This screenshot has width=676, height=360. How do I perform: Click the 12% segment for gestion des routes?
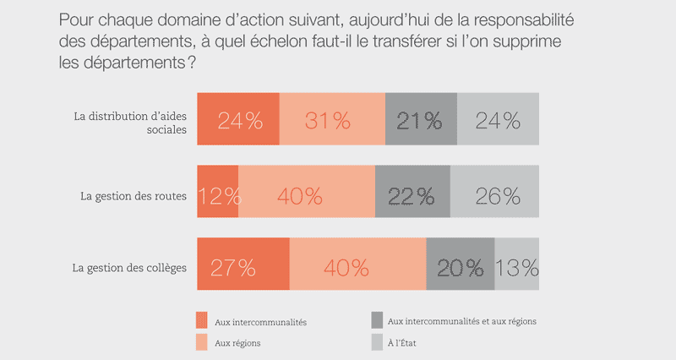(x=218, y=195)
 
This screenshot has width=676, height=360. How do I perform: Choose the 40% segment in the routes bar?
(x=307, y=195)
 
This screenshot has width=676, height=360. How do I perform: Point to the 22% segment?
(x=412, y=195)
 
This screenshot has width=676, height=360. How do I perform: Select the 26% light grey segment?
(x=494, y=195)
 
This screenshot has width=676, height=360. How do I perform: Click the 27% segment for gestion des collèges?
(x=243, y=268)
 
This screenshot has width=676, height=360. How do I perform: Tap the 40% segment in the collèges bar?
(x=357, y=268)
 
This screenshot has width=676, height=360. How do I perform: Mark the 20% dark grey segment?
(x=461, y=268)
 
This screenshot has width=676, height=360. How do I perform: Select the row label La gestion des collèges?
(x=128, y=269)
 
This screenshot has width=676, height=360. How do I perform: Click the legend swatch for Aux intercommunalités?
(x=202, y=321)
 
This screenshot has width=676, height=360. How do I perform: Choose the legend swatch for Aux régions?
(x=202, y=343)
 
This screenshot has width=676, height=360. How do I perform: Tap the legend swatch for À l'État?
(x=376, y=343)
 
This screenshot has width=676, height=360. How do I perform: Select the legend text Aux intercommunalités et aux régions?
(x=461, y=321)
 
